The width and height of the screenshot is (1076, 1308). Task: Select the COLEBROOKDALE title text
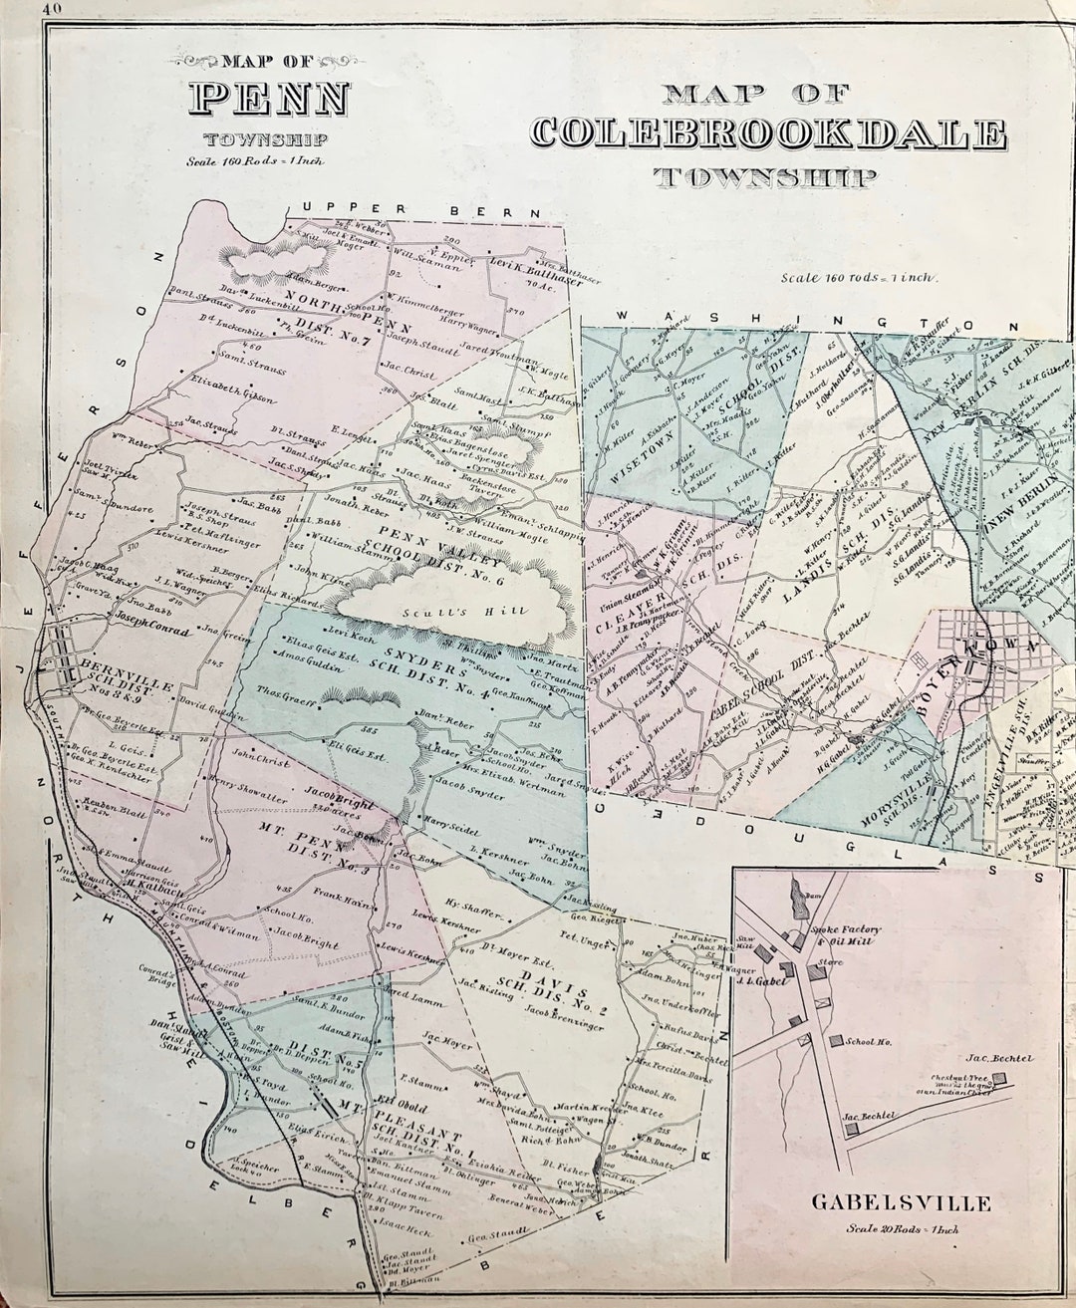pyautogui.click(x=768, y=134)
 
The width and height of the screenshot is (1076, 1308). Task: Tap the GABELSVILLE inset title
pyautogui.click(x=901, y=1203)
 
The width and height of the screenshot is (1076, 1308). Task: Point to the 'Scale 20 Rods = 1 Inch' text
pyautogui.click(x=900, y=1229)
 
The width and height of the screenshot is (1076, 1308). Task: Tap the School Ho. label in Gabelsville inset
pyautogui.click(x=867, y=1042)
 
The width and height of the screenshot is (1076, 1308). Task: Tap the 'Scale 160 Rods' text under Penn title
pyautogui.click(x=253, y=159)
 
